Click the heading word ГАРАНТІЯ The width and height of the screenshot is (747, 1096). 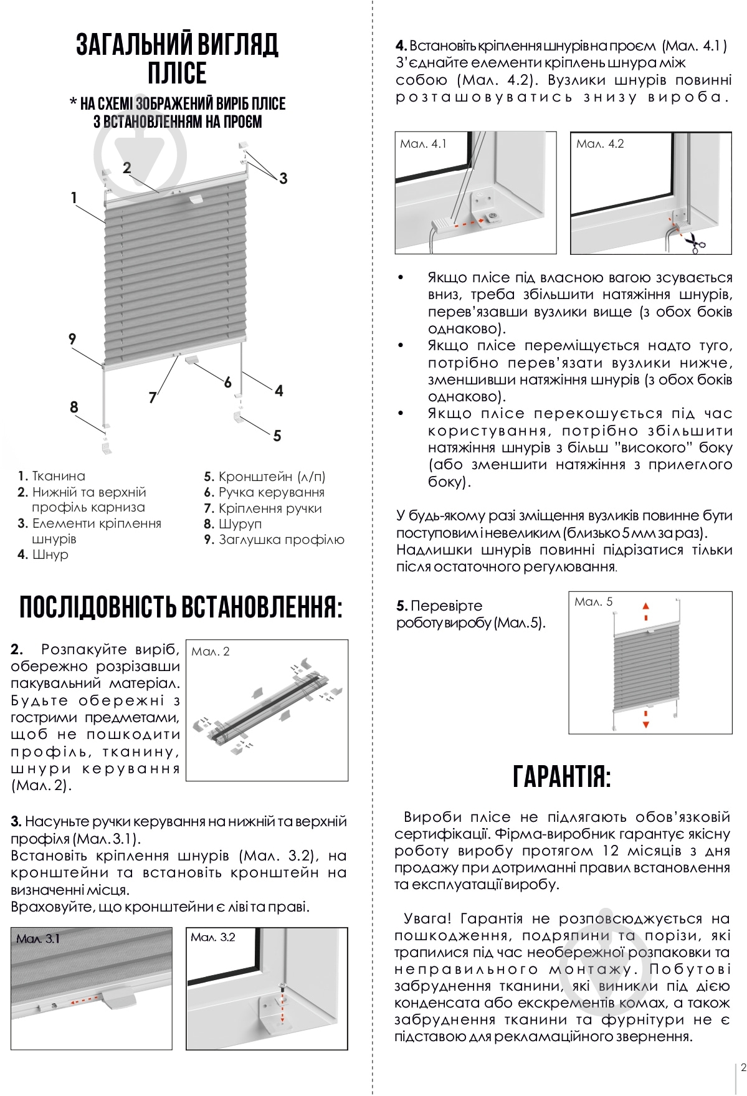(x=562, y=776)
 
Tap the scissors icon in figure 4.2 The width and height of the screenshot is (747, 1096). (x=695, y=242)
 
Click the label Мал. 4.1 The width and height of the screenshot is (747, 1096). (x=423, y=144)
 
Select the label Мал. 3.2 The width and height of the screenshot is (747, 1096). (x=213, y=938)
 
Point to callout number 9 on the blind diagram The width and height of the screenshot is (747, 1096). (x=72, y=339)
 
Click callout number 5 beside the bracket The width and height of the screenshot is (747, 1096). (x=277, y=436)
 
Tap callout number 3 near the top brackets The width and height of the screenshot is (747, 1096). (x=283, y=179)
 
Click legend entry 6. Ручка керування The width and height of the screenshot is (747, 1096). (x=264, y=492)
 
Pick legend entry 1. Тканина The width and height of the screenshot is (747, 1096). (x=52, y=476)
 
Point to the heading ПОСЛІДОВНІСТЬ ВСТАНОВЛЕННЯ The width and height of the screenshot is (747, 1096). (x=181, y=608)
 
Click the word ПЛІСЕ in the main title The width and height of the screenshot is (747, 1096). (x=177, y=73)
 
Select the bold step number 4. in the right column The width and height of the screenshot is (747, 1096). (x=401, y=46)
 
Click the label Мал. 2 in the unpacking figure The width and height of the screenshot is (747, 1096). (x=211, y=652)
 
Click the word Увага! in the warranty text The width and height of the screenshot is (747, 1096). (x=428, y=918)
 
